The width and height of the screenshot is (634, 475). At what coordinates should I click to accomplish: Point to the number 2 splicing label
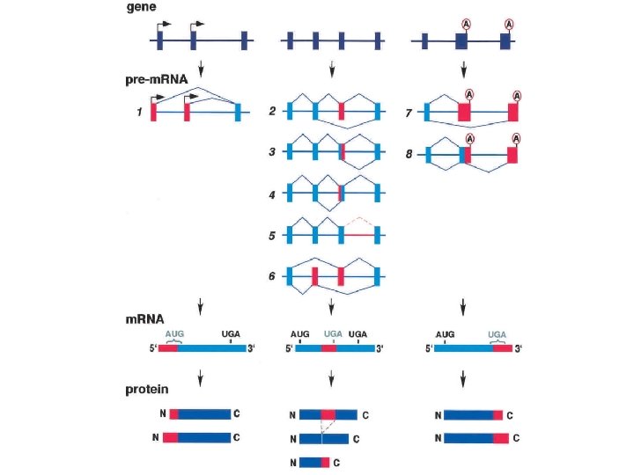click(272, 112)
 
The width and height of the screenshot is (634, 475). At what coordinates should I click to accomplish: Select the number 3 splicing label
click(272, 152)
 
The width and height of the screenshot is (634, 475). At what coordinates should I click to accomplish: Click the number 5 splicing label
click(272, 235)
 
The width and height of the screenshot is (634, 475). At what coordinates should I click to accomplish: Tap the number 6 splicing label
click(272, 276)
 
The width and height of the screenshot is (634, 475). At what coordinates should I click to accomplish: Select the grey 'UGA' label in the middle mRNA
click(333, 334)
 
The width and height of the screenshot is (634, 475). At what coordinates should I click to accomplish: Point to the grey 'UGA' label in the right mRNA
click(498, 334)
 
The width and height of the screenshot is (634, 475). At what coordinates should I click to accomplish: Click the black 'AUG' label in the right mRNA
click(446, 334)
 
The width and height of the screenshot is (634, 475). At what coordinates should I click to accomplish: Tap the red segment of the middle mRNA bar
click(328, 348)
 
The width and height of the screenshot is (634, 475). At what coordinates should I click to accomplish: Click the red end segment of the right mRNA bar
click(502, 348)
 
